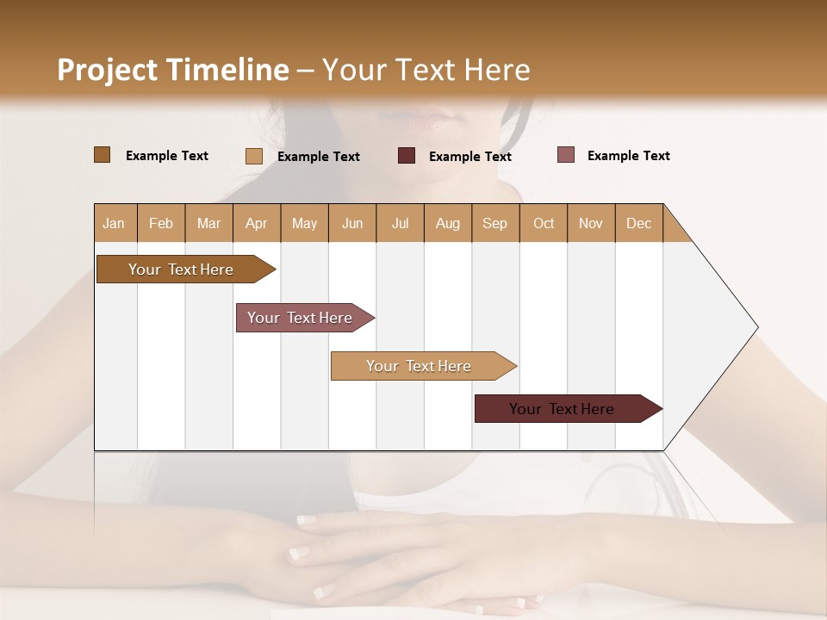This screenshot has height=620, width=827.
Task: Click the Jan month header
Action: (115, 223)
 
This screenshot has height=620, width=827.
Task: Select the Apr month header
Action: (257, 223)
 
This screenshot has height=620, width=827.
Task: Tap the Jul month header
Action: (401, 223)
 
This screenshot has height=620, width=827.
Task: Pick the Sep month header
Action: (495, 223)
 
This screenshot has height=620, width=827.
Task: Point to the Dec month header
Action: (638, 223)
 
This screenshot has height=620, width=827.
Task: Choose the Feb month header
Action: (161, 223)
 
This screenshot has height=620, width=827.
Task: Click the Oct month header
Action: (544, 223)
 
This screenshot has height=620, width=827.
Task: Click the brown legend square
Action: (102, 155)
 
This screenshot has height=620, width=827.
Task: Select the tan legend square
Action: (254, 156)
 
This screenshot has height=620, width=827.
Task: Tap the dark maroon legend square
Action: (407, 156)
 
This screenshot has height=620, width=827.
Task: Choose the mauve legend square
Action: (566, 155)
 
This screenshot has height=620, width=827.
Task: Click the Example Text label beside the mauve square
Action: (628, 156)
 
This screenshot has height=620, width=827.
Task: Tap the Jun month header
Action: (352, 223)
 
